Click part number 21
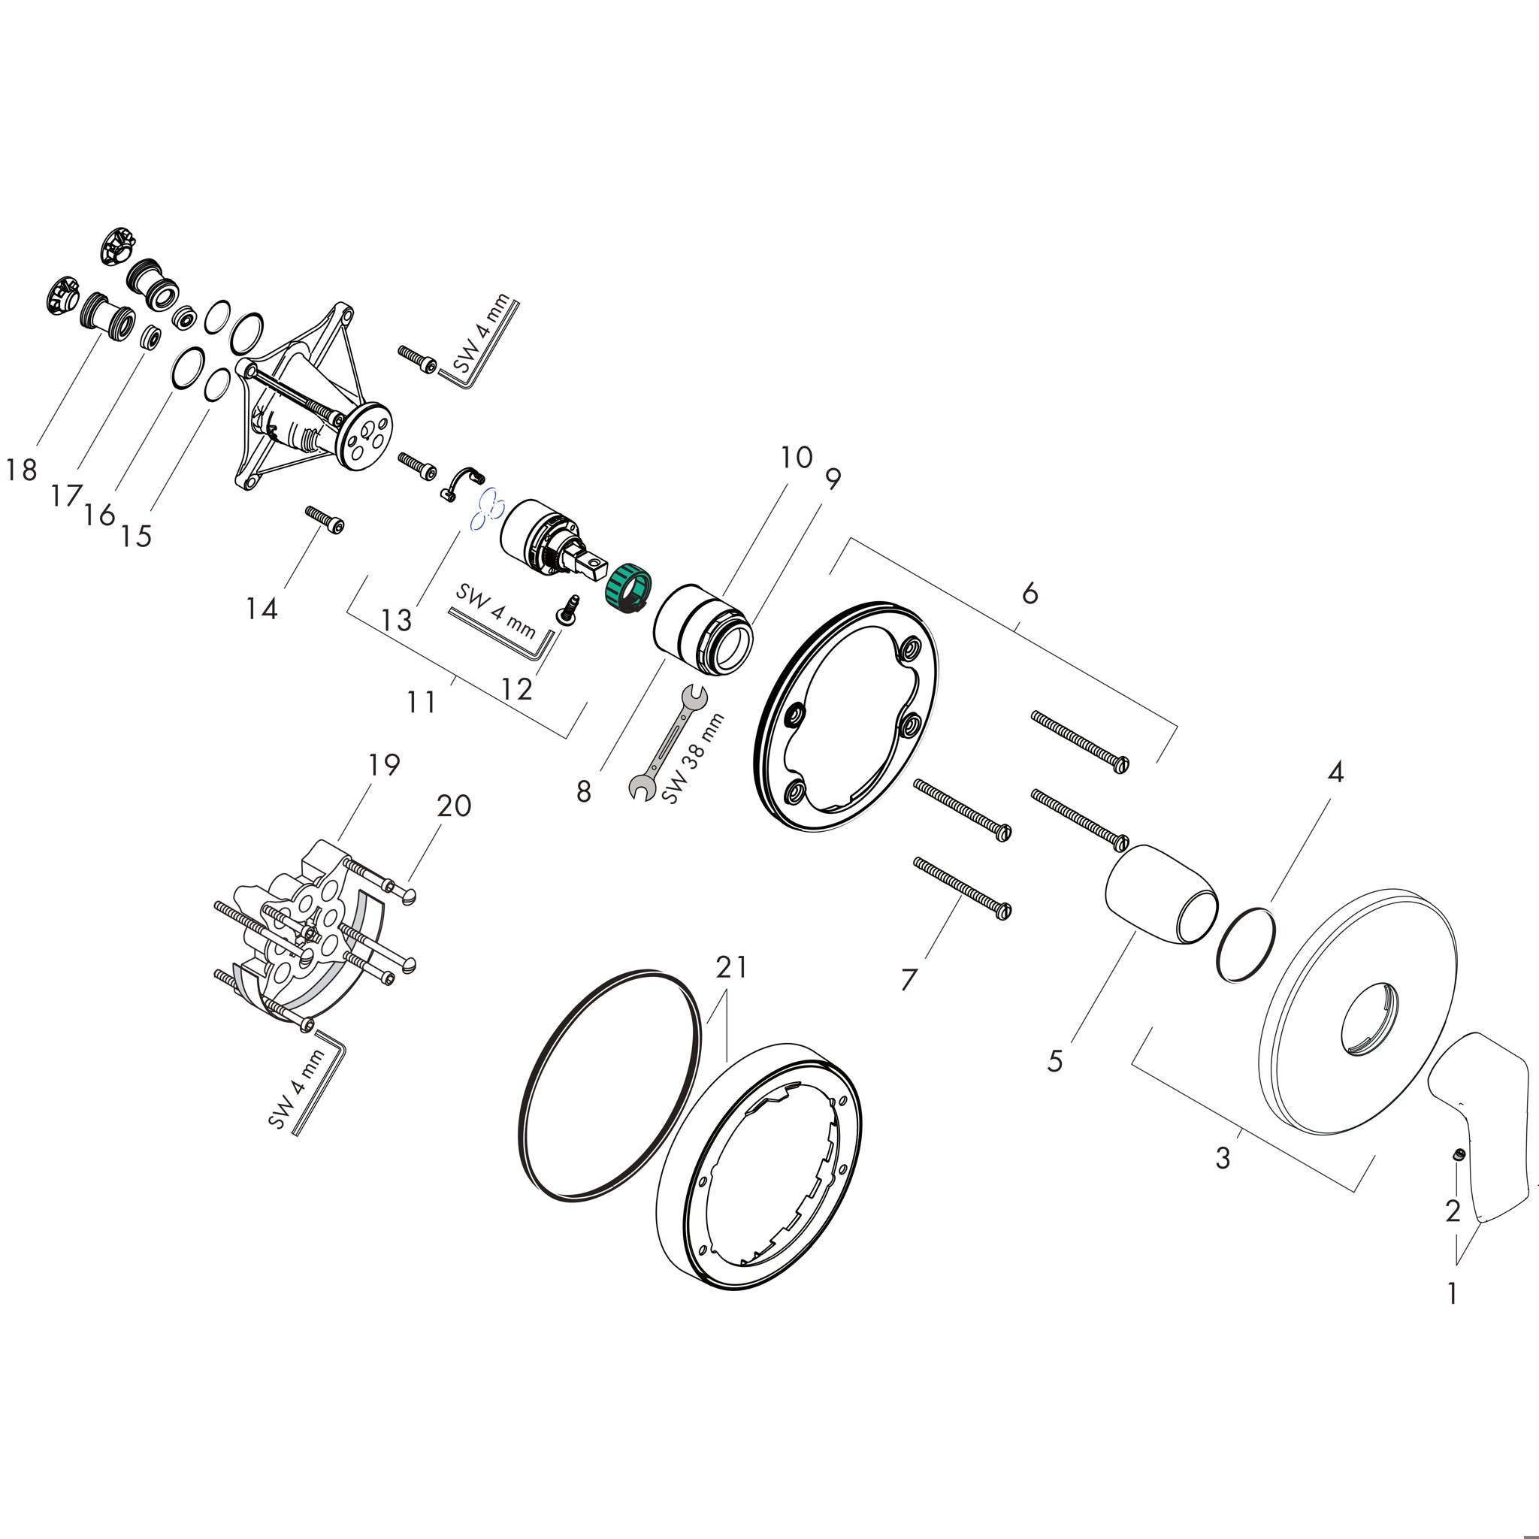point(731,967)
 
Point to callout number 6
point(1030,594)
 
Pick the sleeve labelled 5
point(1160,894)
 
